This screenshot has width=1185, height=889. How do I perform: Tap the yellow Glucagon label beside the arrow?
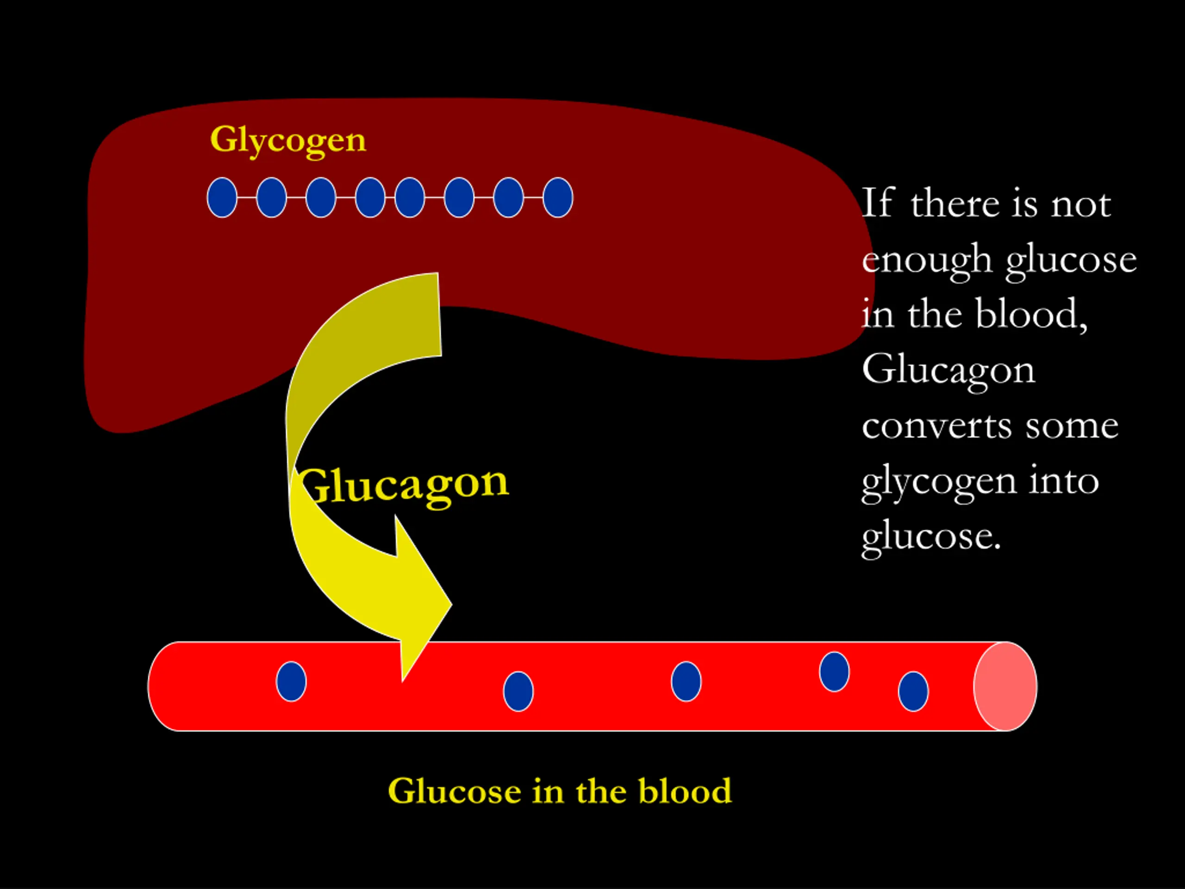(x=403, y=484)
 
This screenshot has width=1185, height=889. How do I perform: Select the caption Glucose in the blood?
(x=559, y=791)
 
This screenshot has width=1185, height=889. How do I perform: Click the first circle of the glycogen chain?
(x=222, y=198)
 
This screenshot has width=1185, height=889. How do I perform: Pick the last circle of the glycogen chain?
(x=558, y=198)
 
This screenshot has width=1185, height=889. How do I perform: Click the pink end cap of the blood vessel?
(x=1005, y=687)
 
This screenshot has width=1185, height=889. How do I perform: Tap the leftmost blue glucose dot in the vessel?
(x=291, y=682)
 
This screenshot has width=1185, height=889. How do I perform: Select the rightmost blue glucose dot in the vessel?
(x=913, y=691)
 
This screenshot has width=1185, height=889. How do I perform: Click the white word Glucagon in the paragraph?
(x=948, y=370)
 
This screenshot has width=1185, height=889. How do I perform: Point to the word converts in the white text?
(x=936, y=426)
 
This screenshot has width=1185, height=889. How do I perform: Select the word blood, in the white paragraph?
(x=1031, y=314)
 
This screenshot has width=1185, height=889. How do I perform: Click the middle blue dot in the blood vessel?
(x=686, y=682)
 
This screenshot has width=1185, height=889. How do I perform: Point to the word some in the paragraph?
(x=1072, y=426)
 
